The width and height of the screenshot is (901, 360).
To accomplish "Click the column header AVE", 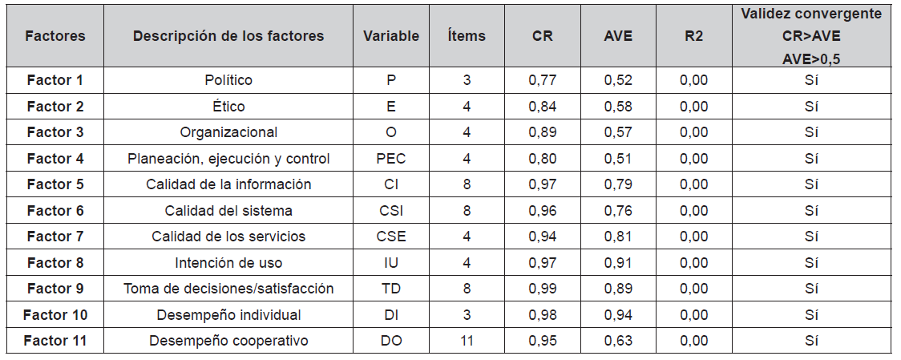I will click(x=617, y=36).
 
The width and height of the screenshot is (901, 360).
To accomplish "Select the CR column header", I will click(x=542, y=36).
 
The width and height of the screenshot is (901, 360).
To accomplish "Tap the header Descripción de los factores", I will click(x=228, y=36).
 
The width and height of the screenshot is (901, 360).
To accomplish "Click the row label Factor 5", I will click(x=55, y=184).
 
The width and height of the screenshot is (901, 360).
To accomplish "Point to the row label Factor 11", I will click(x=55, y=341).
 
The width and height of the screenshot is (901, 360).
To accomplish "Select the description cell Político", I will click(x=228, y=80).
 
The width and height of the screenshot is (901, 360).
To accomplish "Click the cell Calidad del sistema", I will click(x=228, y=211).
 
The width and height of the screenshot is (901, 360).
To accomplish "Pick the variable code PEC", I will click(x=390, y=159).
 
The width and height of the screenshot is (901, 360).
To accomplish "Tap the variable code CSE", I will click(x=390, y=237).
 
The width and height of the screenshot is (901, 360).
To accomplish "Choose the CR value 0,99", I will click(x=542, y=289).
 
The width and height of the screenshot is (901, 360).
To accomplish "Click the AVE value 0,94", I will click(x=617, y=315).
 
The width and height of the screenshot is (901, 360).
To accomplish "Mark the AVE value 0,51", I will click(x=617, y=159).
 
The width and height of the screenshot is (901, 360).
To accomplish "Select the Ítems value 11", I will click(x=467, y=341).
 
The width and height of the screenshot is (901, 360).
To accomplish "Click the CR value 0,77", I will click(x=542, y=80).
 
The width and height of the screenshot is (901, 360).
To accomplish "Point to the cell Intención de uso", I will click(x=228, y=263).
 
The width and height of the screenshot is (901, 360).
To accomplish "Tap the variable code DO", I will click(x=390, y=341).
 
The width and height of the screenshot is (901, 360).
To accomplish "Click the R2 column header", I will click(x=693, y=36).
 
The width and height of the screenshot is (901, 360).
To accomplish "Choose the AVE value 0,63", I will click(x=617, y=341).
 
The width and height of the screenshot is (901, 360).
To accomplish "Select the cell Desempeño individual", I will click(x=228, y=315).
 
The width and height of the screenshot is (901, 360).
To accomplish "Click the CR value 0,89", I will click(x=542, y=132).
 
